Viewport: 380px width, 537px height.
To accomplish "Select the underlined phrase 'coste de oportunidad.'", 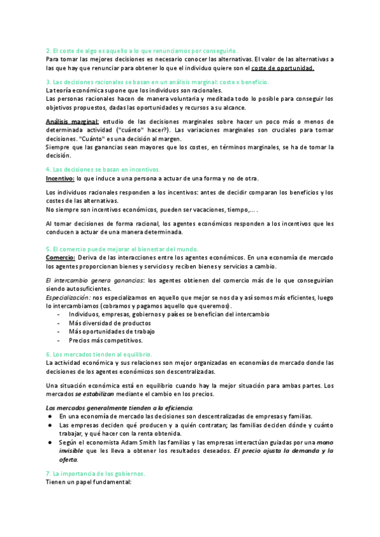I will coord(282,68).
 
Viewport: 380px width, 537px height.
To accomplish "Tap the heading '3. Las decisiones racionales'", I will coord(158,82).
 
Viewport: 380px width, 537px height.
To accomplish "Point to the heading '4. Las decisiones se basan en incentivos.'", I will coord(104,170).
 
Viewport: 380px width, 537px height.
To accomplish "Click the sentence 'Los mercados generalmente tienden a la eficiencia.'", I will coord(120,407).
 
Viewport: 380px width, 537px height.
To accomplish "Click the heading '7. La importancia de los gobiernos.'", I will coord(96,473).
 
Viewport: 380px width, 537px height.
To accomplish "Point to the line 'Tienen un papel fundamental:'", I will coord(89,482).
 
